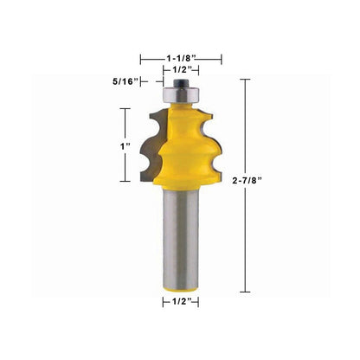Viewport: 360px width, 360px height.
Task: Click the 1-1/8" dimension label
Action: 181,58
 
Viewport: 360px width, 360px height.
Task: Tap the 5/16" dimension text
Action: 125,81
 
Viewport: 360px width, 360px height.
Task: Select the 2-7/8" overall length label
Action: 247,181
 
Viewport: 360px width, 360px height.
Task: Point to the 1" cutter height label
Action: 125,146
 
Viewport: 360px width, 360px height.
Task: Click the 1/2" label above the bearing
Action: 182,69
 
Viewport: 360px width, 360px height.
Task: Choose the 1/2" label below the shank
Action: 182,302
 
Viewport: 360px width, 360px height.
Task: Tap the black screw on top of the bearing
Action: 181,82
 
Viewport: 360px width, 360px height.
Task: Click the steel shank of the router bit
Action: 181,236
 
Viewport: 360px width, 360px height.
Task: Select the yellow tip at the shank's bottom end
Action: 181,289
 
